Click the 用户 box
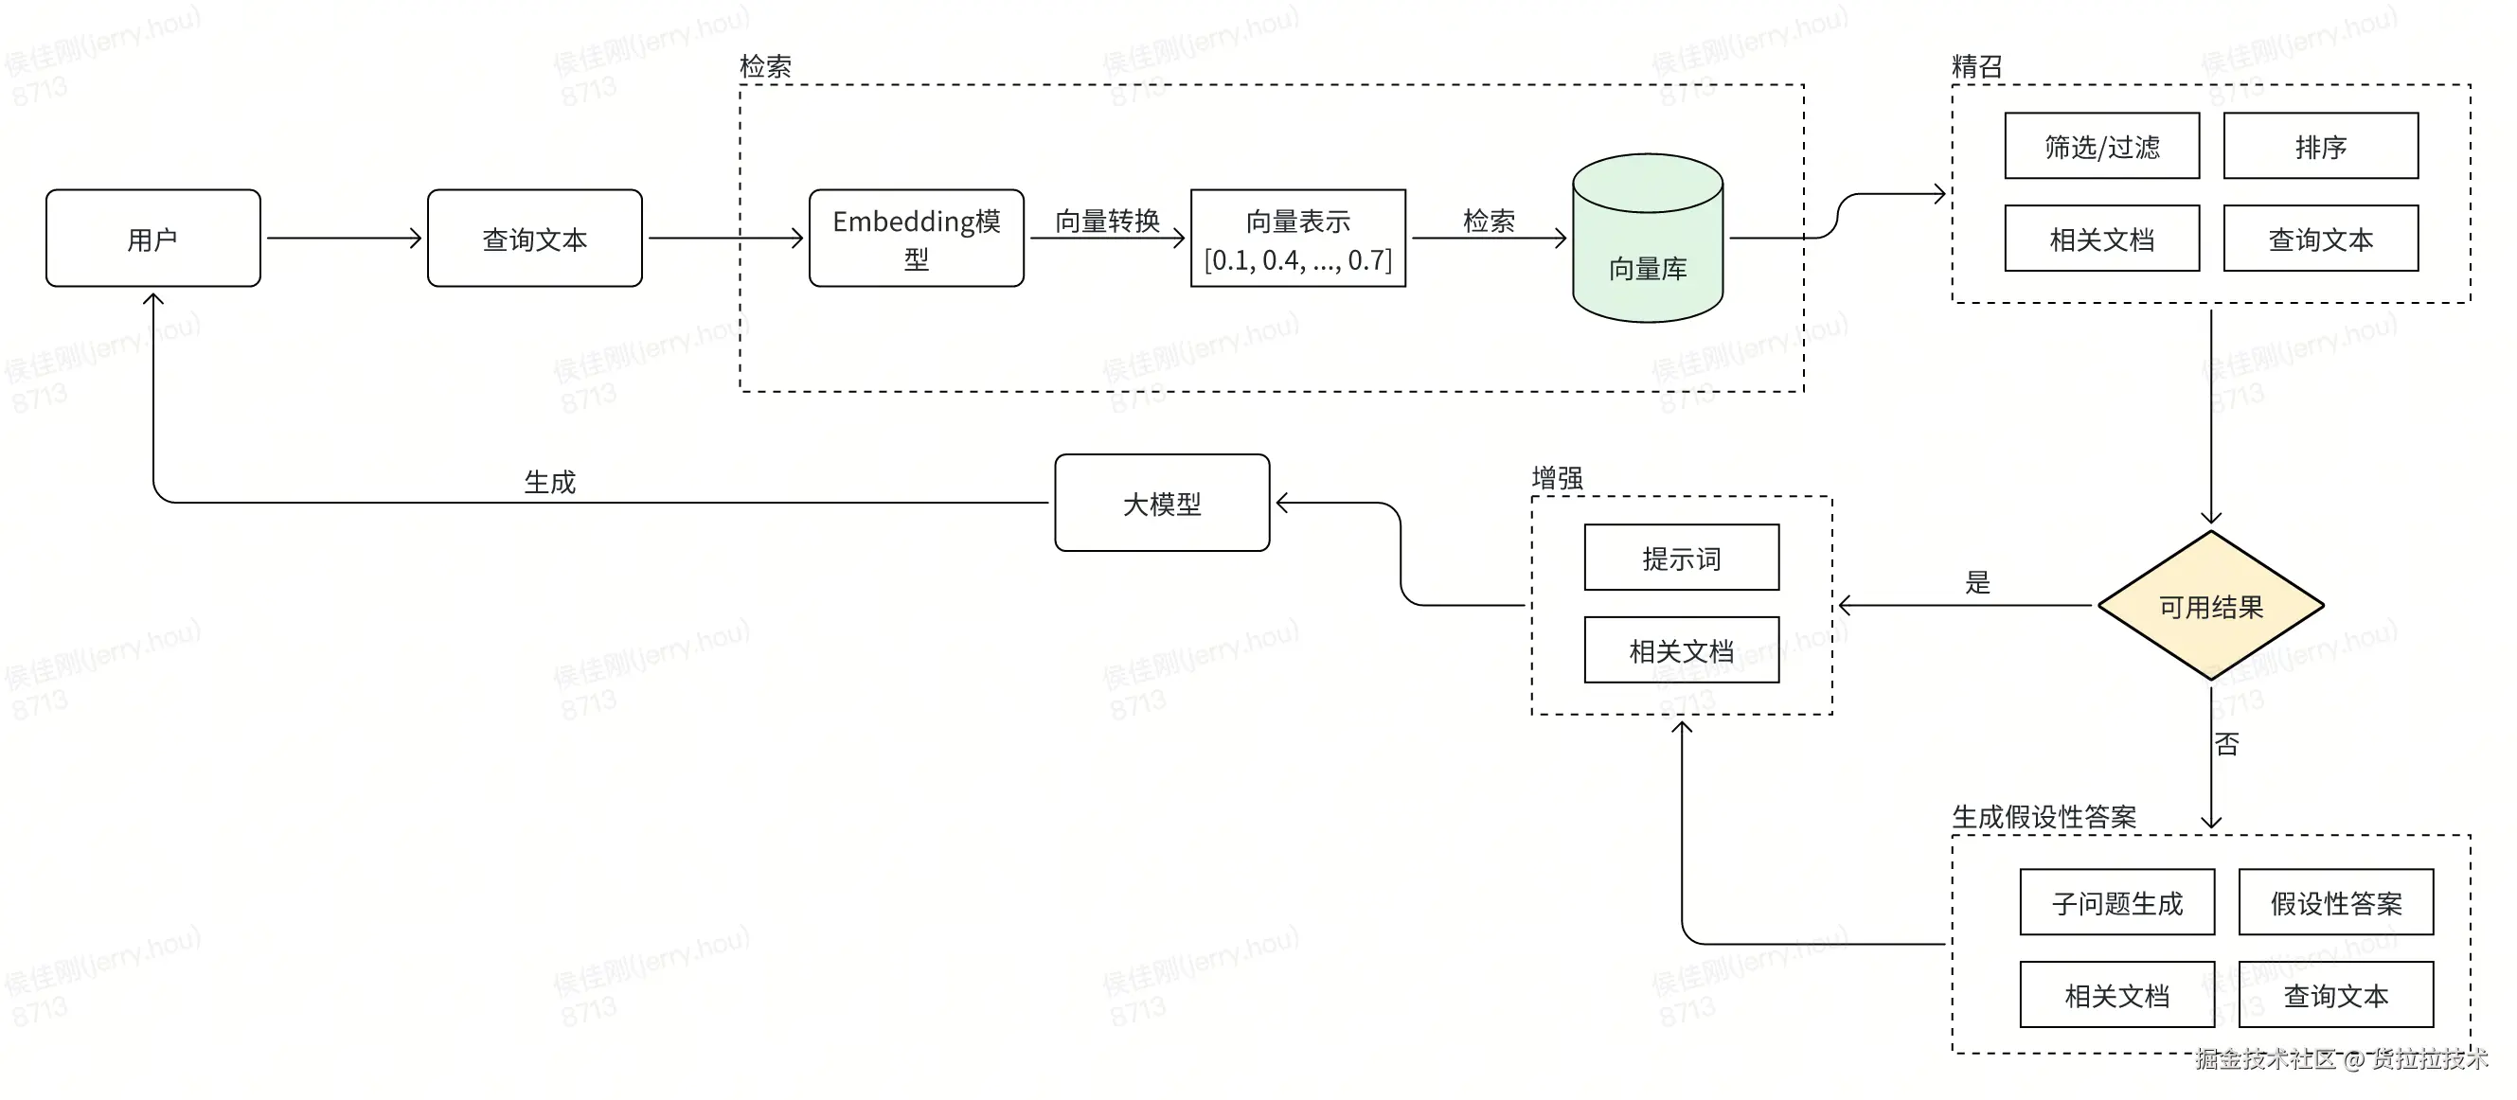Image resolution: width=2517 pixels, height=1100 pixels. [153, 239]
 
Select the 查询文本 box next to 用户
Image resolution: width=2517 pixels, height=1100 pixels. [534, 239]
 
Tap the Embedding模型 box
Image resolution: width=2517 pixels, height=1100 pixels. [917, 239]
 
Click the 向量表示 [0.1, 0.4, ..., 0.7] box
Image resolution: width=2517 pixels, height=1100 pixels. [1298, 239]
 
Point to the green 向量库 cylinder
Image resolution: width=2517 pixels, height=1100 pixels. [1648, 239]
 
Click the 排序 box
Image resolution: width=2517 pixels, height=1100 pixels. [2322, 146]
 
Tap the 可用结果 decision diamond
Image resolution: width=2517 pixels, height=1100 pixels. [2211, 606]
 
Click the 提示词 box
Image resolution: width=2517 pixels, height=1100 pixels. [1682, 558]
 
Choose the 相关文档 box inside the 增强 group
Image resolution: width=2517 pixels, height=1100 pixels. [1682, 649]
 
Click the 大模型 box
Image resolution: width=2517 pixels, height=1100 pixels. [1163, 503]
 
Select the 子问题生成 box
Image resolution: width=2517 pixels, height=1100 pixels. [2117, 902]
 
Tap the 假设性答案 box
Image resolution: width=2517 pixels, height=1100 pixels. [2336, 902]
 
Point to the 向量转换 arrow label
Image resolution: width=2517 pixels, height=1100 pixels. [1107, 221]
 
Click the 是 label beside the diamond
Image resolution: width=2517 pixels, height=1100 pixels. [1977, 582]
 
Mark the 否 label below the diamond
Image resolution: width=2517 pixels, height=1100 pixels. [2227, 744]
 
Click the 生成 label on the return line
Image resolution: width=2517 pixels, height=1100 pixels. [550, 482]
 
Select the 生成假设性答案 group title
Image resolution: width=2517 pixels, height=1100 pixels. [2044, 817]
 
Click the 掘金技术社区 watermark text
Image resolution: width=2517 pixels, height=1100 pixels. [2265, 1059]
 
